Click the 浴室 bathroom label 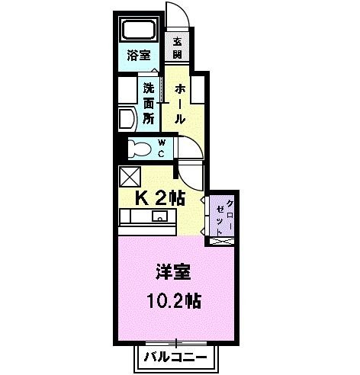pyautogui.click(x=140, y=56)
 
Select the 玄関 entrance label pyautogui.click(x=177, y=48)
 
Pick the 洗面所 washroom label pyautogui.click(x=148, y=102)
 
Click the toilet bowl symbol pyautogui.click(x=137, y=148)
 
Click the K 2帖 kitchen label pyautogui.click(x=159, y=198)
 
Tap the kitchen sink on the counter pyautogui.click(x=159, y=217)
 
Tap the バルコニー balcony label pyautogui.click(x=176, y=355)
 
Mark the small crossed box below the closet pyautogui.click(x=223, y=241)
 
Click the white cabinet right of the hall pyautogui.click(x=200, y=88)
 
